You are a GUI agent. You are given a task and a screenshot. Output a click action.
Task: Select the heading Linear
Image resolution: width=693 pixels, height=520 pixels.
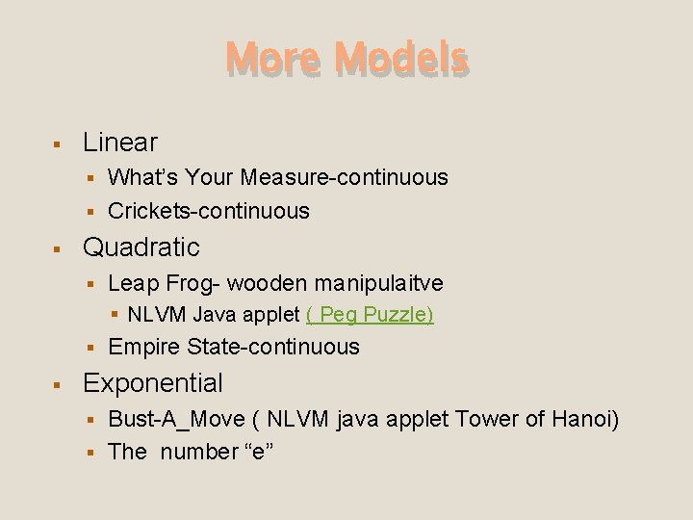pos(120,143)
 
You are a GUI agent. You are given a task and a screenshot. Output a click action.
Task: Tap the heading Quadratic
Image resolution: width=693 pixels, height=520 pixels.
pos(141,247)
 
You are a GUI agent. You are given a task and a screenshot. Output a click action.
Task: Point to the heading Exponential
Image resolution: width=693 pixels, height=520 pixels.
pos(153,383)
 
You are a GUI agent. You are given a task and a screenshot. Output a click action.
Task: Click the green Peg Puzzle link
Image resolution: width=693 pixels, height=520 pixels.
pos(370,315)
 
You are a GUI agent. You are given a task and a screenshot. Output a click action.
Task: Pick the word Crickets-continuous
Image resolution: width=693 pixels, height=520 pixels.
pos(209,211)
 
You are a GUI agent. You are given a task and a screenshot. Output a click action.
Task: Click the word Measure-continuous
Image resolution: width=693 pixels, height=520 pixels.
pos(345,177)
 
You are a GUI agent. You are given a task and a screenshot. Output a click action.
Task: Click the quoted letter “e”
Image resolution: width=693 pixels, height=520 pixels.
pos(260,452)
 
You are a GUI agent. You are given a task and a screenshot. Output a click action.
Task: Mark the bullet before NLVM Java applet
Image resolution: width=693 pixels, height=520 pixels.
pos(115,315)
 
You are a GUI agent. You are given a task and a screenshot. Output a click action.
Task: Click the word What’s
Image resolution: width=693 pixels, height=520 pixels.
pos(143,177)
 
